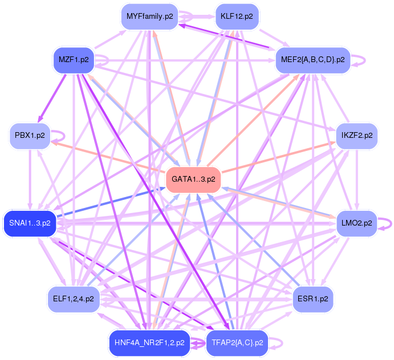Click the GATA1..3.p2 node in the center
coord(193,179)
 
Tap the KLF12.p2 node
coord(237,17)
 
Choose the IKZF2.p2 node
coord(357,136)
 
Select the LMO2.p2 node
coord(357,223)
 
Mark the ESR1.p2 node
coord(312,298)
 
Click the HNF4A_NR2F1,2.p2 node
coord(149,343)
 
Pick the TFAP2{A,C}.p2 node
coord(237,343)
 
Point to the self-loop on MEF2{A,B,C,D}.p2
coord(359,59)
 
